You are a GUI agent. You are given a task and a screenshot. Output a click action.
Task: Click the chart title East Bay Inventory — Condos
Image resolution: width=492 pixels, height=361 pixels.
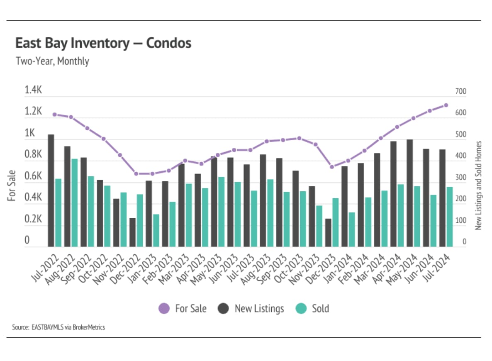tap(103, 43)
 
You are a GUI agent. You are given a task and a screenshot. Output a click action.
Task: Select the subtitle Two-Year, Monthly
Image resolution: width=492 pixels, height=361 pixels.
tap(52, 61)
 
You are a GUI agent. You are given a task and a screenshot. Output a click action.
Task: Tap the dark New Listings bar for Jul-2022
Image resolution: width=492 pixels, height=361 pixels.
tap(51, 190)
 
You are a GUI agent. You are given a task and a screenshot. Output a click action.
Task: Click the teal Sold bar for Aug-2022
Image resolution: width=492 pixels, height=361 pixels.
tap(75, 203)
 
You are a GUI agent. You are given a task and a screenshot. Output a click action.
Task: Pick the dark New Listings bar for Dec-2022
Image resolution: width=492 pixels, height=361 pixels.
tap(132, 232)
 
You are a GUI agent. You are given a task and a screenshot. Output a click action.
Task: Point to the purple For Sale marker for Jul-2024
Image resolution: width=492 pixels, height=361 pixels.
tap(446, 105)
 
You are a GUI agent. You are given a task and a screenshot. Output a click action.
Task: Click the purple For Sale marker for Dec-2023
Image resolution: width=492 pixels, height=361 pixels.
tap(331, 167)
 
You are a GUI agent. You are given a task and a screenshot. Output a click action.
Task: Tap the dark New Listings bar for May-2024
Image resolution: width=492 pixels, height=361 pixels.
tap(409, 193)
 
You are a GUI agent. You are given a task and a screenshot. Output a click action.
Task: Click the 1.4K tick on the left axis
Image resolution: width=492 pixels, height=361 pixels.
tap(34, 90)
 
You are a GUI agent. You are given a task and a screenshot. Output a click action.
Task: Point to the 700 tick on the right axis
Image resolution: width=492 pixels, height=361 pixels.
tap(460, 91)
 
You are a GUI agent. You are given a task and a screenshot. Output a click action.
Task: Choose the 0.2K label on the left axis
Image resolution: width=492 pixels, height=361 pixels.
tap(33, 219)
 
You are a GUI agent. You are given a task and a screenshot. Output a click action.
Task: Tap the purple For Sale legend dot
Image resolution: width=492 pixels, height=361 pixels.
tap(164, 309)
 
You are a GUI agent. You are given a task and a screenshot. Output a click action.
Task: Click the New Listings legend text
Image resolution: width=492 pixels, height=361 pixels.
tap(259, 309)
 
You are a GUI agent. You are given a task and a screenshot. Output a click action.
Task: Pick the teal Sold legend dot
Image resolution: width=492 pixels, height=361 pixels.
tap(301, 309)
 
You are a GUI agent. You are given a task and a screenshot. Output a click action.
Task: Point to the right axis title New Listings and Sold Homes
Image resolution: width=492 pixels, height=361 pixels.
tap(478, 185)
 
